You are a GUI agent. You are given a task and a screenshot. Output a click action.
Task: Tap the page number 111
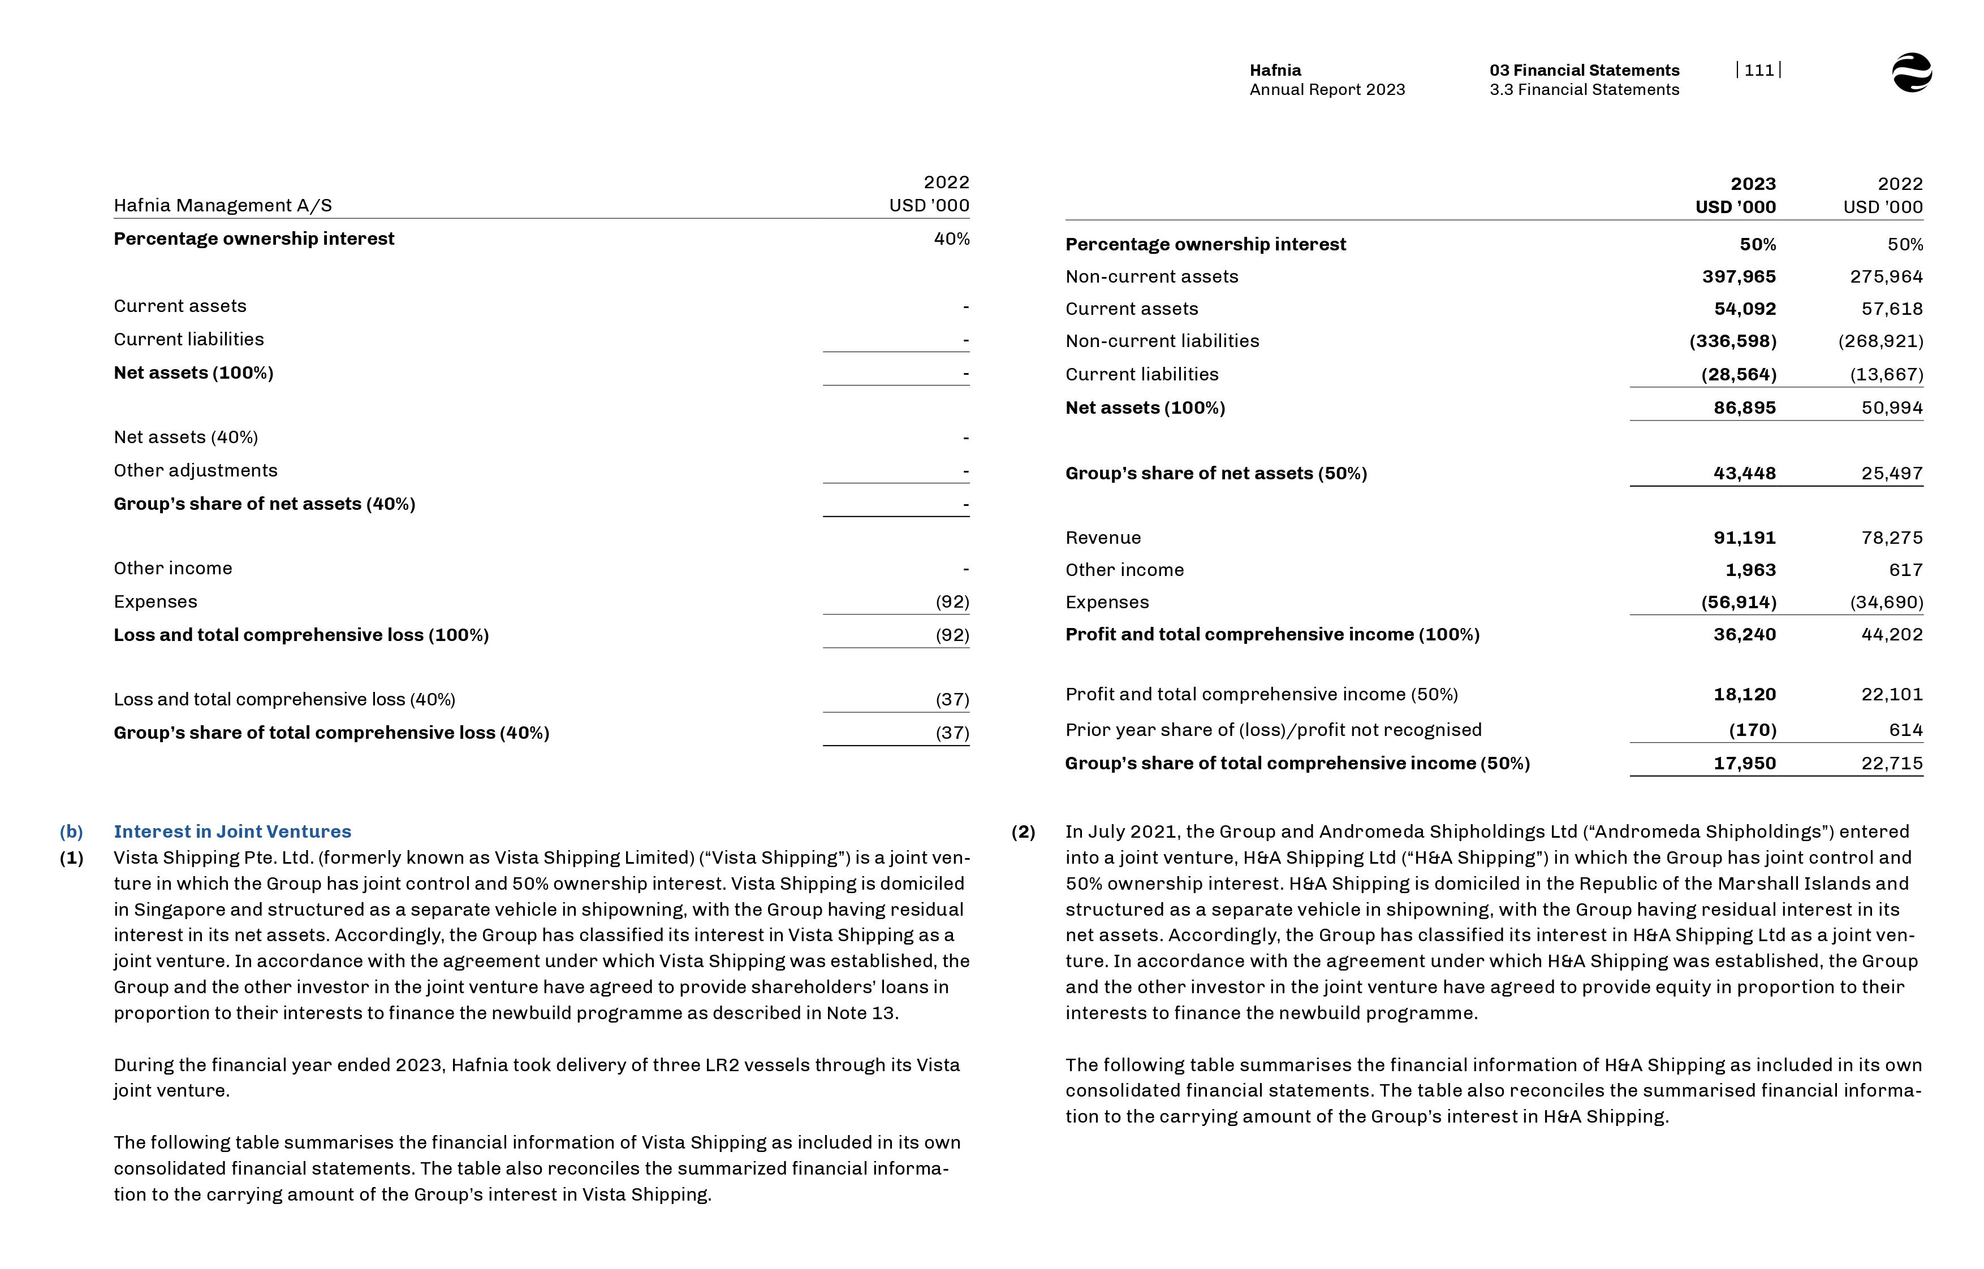pos(1758,70)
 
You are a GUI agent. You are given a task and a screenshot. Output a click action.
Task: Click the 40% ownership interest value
pos(951,239)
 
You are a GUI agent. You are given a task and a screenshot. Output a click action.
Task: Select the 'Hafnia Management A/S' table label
pos(223,205)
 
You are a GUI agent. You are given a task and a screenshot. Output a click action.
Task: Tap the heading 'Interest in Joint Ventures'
pos(232,831)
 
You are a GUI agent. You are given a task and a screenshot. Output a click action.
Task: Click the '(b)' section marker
pos(72,831)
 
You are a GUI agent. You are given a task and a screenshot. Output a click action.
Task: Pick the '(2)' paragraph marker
pos(1023,831)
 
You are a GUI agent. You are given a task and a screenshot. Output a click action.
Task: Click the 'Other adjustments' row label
pos(195,470)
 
